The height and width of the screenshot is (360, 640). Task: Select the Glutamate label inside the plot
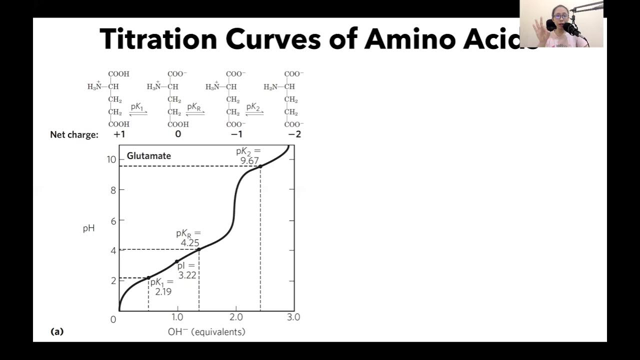[148, 156]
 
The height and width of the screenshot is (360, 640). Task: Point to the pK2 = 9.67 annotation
[248, 155]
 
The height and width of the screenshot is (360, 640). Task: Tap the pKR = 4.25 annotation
[188, 238]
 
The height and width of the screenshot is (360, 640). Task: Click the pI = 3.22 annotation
[187, 270]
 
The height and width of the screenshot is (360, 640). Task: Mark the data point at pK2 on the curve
[260, 166]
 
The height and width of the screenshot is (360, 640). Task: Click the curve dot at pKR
[199, 249]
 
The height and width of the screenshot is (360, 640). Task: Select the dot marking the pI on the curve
[176, 261]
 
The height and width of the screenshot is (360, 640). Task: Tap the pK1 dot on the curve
[148, 278]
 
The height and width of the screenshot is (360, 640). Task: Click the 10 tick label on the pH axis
[111, 159]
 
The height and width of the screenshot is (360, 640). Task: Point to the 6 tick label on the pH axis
[113, 220]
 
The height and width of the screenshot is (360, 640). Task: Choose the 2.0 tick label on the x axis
[235, 317]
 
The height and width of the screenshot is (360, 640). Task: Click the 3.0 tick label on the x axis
[293, 317]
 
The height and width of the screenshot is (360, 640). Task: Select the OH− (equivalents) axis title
[206, 332]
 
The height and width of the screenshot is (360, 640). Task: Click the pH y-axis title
[88, 229]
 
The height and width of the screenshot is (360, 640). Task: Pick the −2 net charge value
[294, 134]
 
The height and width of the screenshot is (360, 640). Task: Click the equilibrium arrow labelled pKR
[195, 112]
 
